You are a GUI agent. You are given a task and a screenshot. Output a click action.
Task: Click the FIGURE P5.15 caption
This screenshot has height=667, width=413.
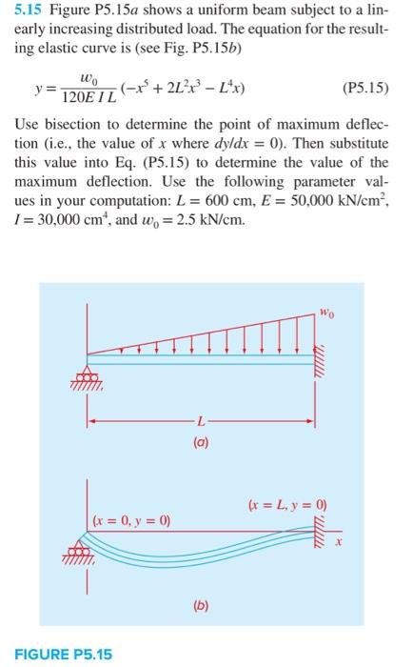[x=62, y=654]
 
